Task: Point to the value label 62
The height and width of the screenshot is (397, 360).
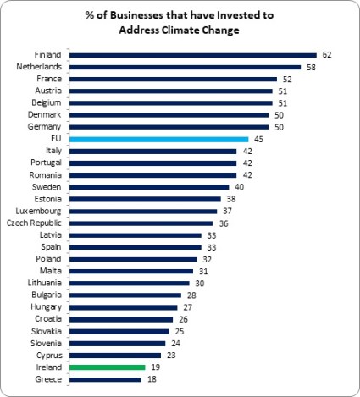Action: pyautogui.click(x=326, y=55)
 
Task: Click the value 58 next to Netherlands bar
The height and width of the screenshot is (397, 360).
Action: pyautogui.click(x=311, y=67)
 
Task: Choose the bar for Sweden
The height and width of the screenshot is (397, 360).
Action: pyautogui.click(x=149, y=187)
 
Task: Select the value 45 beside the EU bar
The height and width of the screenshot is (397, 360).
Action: pyautogui.click(x=259, y=139)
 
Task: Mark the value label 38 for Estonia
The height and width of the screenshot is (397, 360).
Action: pyautogui.click(x=230, y=199)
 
